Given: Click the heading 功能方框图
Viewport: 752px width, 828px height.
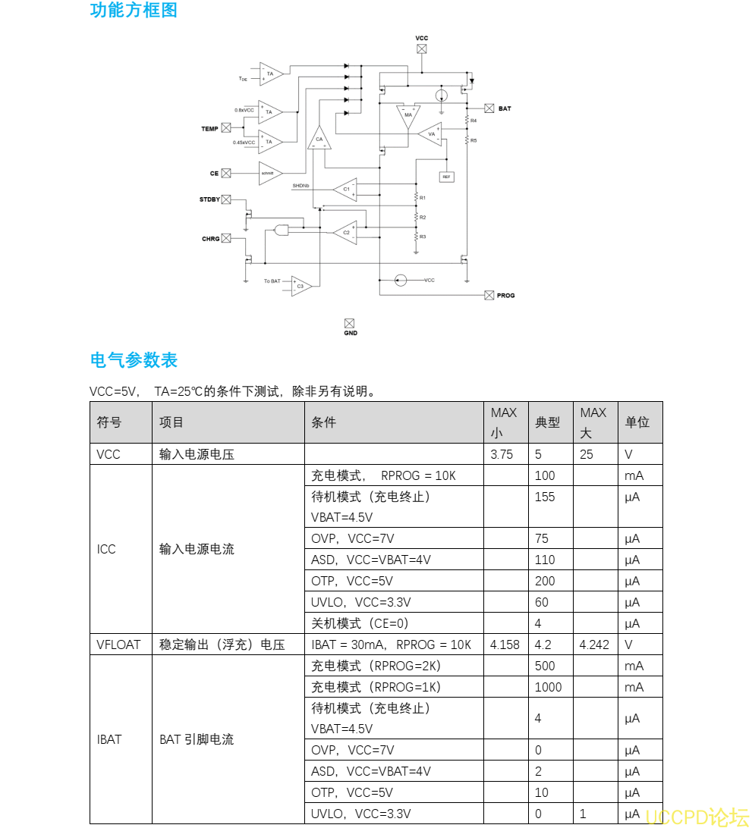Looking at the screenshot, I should click(134, 11).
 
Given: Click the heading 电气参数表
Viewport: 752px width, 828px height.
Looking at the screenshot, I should click(134, 360).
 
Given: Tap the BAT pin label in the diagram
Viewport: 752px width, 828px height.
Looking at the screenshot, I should click(505, 108).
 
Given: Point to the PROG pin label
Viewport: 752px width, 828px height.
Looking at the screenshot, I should click(505, 295).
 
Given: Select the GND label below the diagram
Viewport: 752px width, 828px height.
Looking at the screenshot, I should click(350, 333).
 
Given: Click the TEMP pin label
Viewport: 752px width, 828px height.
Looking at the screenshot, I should click(209, 129).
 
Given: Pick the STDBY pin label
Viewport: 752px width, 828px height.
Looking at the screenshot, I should click(209, 199).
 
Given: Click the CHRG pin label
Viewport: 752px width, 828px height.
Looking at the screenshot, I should click(210, 239).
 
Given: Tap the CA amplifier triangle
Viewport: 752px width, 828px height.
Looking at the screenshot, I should click(319, 140).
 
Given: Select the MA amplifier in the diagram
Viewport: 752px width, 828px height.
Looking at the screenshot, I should click(408, 114).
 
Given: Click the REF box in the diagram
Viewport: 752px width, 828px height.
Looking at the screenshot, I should click(446, 177).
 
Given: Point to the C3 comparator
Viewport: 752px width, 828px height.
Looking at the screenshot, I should click(300, 286).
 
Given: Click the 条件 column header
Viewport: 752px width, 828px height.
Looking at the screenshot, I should click(324, 422).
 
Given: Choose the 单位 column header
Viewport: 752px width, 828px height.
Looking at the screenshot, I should click(637, 422).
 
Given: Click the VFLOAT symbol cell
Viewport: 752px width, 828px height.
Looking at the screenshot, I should click(118, 645).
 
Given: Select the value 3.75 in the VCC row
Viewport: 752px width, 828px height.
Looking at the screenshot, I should click(502, 454).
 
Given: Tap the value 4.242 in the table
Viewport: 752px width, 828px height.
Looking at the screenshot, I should click(594, 645).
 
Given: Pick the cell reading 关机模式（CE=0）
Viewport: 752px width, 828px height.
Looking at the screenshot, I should click(360, 623).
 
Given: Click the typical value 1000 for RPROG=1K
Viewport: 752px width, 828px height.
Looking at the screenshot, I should click(548, 687).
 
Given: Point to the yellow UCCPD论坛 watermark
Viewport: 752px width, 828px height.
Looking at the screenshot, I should click(697, 817).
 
